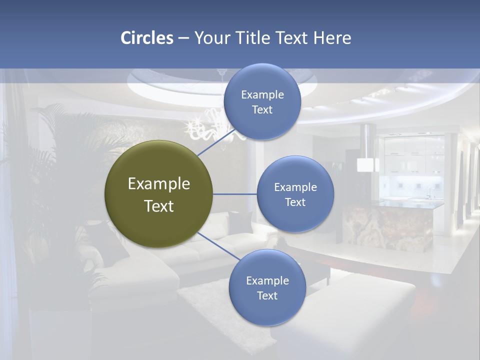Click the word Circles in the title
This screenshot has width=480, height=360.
(146, 38)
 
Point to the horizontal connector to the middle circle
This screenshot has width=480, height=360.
(234, 194)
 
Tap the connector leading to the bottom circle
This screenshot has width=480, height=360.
(218, 245)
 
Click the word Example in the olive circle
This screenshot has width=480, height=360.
(159, 184)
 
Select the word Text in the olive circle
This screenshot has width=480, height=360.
(159, 206)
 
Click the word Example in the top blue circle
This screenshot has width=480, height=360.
(262, 95)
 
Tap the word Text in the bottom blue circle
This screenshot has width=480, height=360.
(267, 295)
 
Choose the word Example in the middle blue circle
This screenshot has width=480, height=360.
(295, 187)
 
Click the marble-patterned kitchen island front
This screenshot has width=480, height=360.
(390, 227)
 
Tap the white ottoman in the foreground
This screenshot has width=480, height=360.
(350, 310)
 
